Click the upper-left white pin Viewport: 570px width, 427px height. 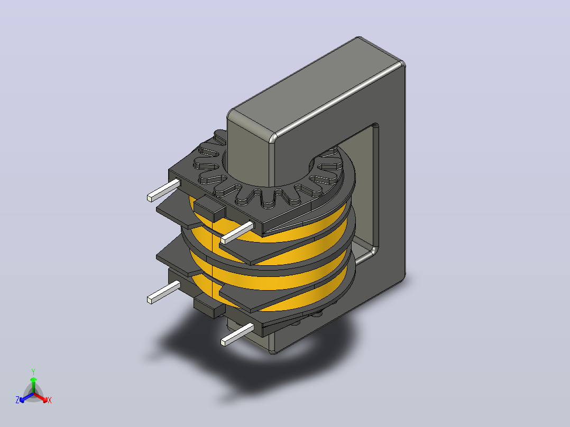pyautogui.click(x=163, y=190)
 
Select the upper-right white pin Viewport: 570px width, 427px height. pyautogui.click(x=237, y=233)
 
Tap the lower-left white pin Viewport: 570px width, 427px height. pyautogui.click(x=163, y=292)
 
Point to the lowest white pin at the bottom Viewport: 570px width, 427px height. pyautogui.click(x=237, y=335)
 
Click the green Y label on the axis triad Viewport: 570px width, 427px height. pyautogui.click(x=33, y=372)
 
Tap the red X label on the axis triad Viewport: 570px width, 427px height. pyautogui.click(x=50, y=400)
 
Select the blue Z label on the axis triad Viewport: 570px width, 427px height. pyautogui.click(x=17, y=400)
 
